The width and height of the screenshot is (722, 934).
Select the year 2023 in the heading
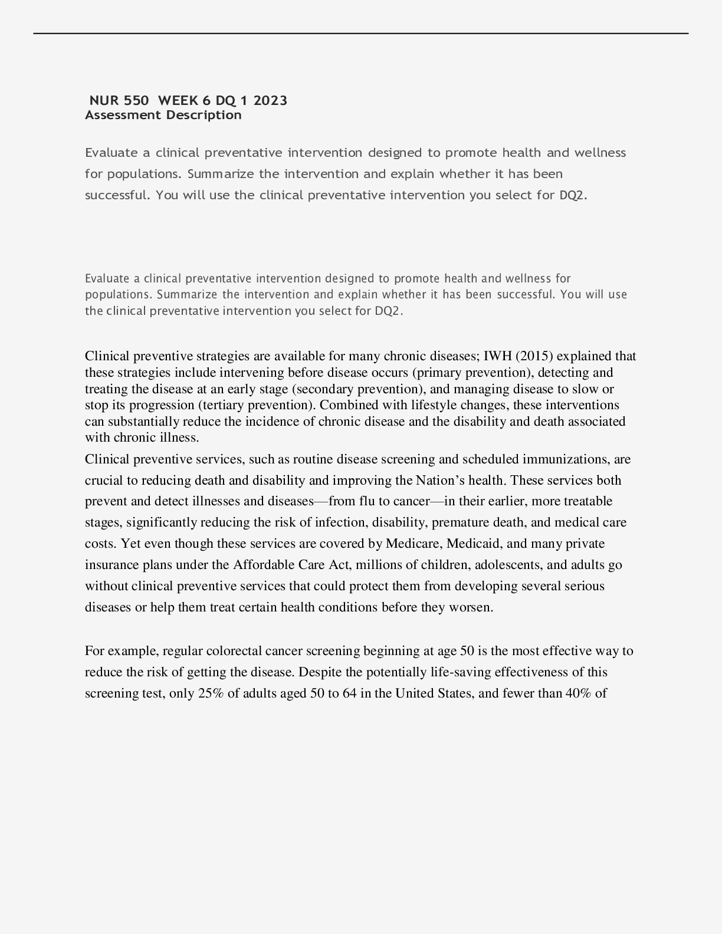tap(271, 100)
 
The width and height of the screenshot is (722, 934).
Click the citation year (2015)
tap(534, 356)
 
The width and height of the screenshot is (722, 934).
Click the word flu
tap(366, 501)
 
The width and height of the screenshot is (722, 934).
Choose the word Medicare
tap(413, 544)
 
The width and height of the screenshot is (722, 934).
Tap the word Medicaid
tap(475, 544)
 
